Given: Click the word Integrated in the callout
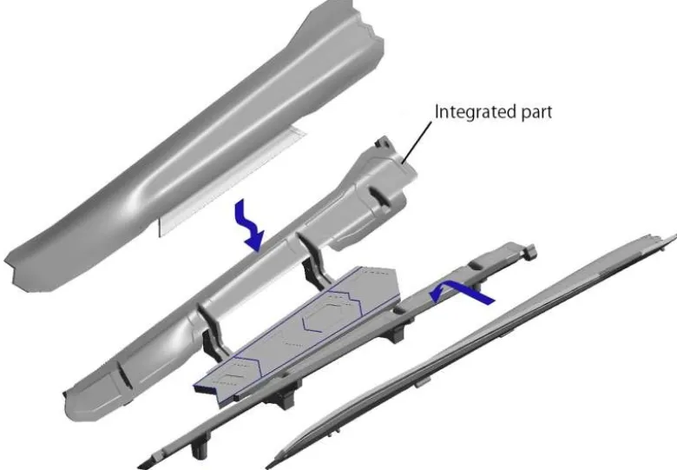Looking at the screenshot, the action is point(470,112).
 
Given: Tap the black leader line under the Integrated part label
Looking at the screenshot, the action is point(417,142).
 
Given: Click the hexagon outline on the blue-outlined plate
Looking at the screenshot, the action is point(332,312).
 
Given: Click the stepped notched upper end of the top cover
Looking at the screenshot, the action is point(367,26).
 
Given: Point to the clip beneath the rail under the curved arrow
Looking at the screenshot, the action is point(398,334).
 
